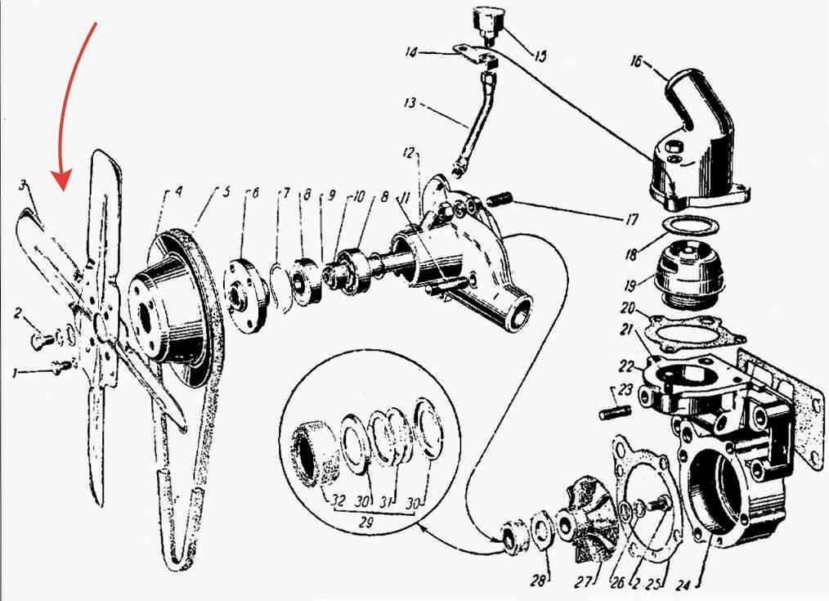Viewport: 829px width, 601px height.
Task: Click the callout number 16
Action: [x=636, y=62]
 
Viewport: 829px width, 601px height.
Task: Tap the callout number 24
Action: [x=683, y=585]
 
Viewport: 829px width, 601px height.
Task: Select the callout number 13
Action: [x=410, y=102]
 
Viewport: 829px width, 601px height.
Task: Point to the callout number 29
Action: [x=365, y=523]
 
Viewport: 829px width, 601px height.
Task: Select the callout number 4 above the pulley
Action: [x=179, y=191]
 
